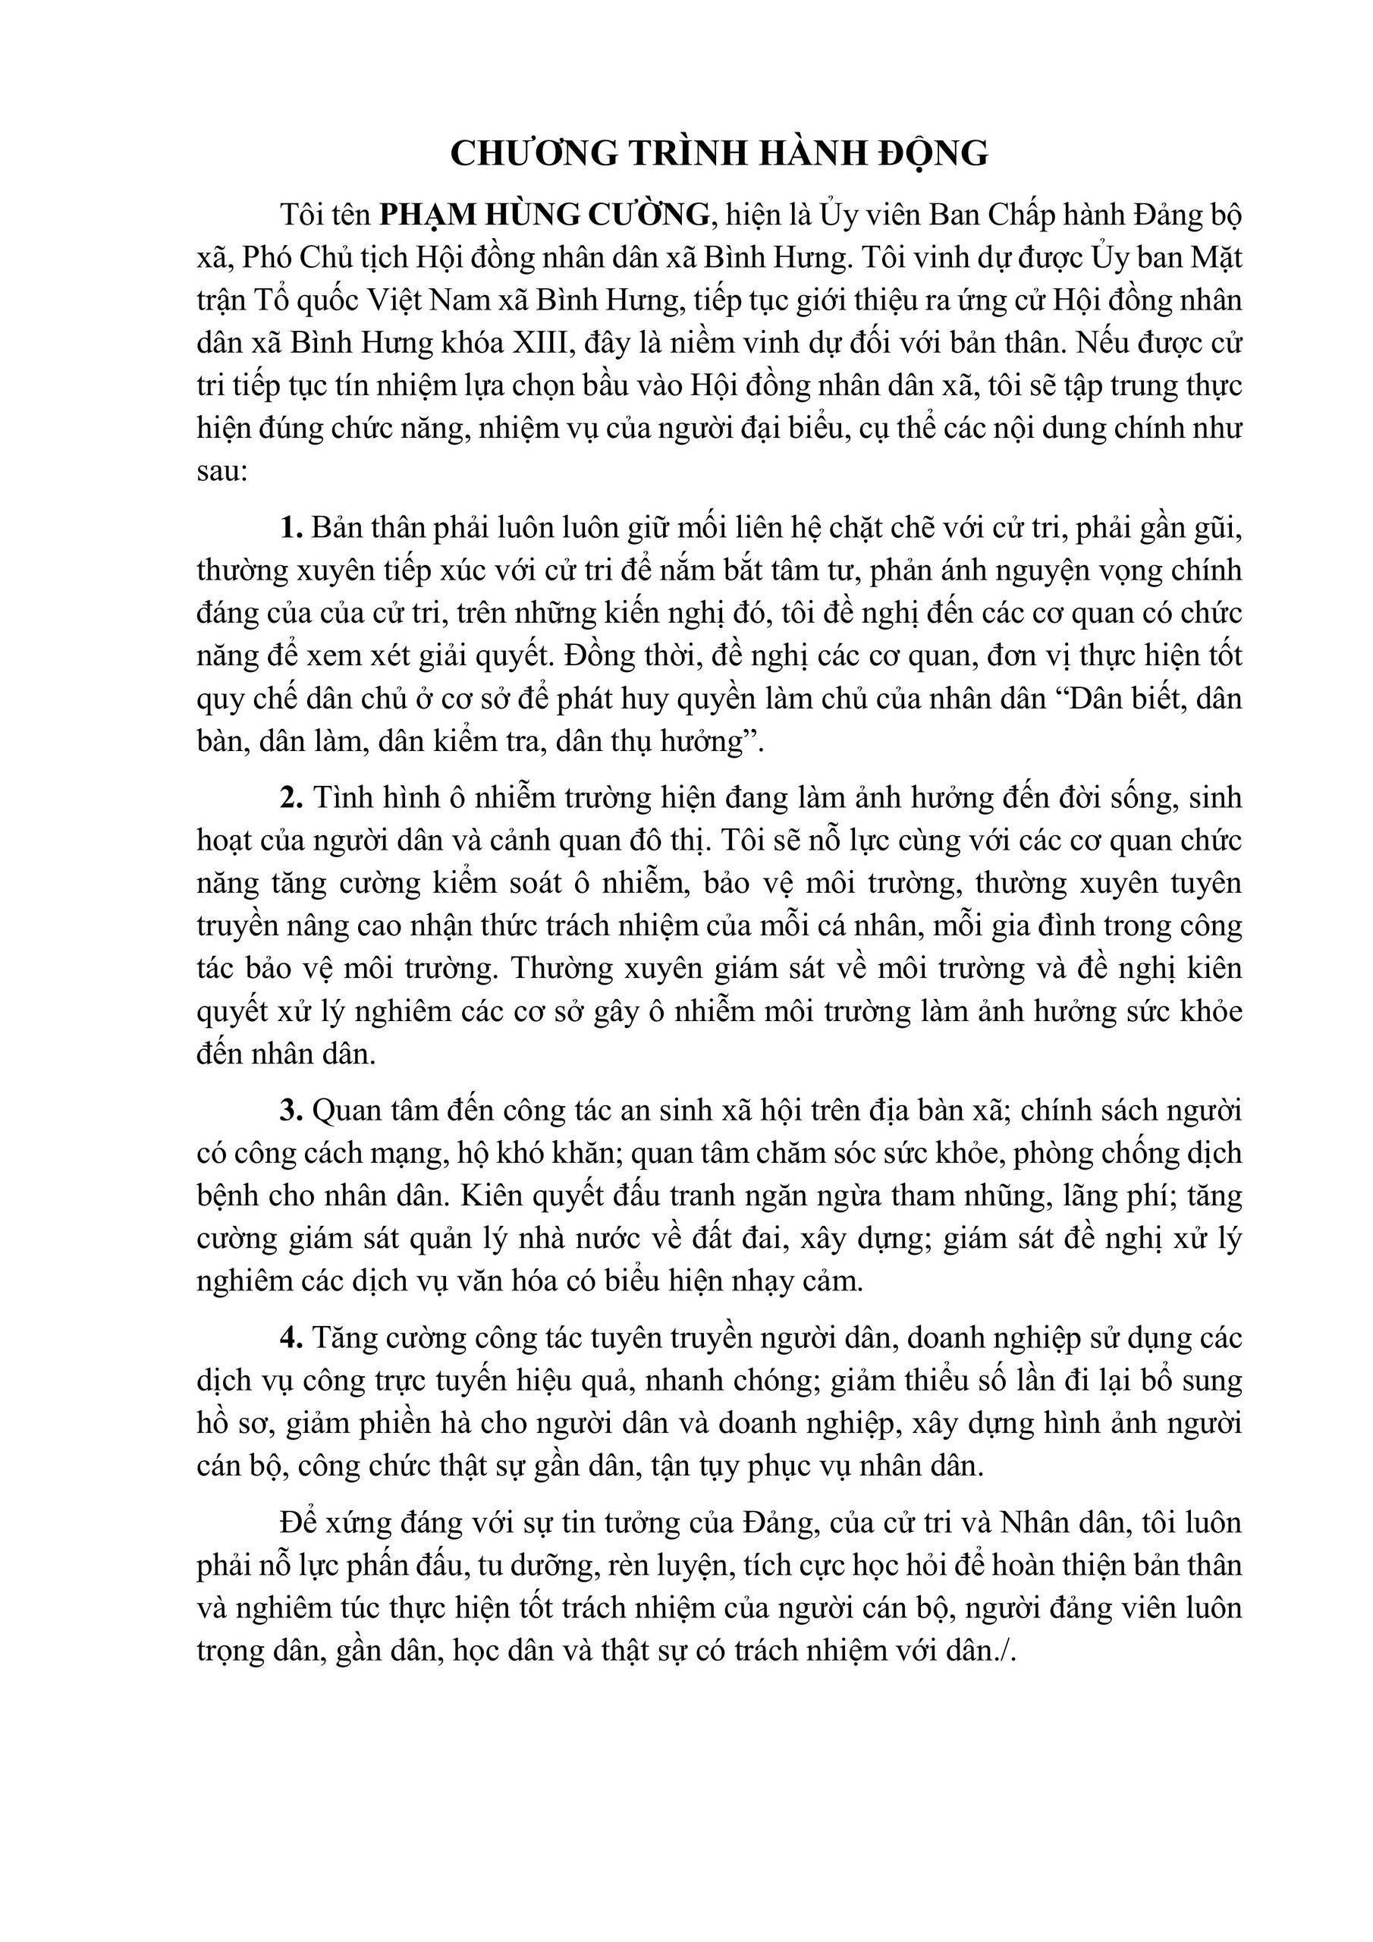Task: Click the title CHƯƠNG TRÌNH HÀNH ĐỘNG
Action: [719, 153]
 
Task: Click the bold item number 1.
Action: [291, 528]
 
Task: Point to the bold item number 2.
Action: [291, 797]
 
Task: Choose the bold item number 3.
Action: [291, 1110]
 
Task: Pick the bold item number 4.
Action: [291, 1337]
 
